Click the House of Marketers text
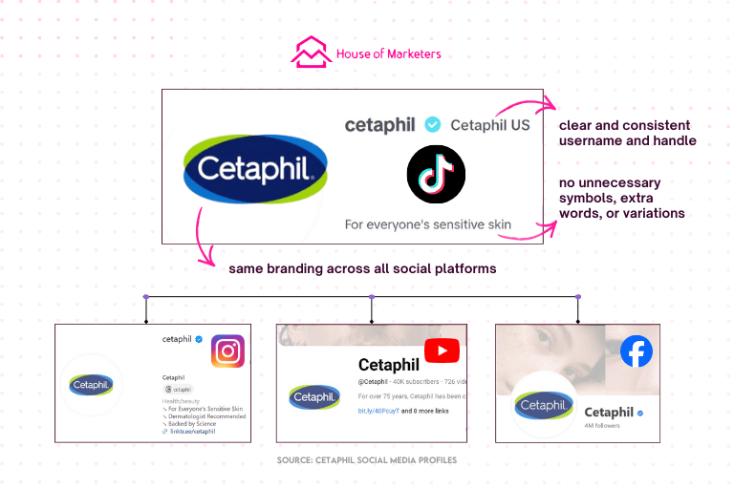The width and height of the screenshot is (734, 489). (388, 54)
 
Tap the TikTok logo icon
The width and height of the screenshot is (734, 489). (436, 175)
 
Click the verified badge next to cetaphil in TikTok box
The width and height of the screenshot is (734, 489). (433, 124)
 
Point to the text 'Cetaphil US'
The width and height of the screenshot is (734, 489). (490, 125)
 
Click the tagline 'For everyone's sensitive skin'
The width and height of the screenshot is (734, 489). (427, 225)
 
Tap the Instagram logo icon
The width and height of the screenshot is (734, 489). (227, 351)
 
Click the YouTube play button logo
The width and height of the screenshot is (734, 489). (442, 351)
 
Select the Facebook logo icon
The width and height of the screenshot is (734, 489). (636, 351)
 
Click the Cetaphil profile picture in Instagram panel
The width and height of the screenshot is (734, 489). (92, 385)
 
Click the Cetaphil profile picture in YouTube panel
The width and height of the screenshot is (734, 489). (314, 396)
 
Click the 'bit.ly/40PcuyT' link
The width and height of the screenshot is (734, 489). (380, 411)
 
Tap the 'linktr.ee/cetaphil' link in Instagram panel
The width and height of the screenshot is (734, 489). (194, 432)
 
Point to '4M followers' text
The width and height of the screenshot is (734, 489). (602, 426)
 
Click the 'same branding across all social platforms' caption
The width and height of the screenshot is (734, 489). (362, 268)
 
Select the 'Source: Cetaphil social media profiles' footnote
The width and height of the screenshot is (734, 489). (366, 460)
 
